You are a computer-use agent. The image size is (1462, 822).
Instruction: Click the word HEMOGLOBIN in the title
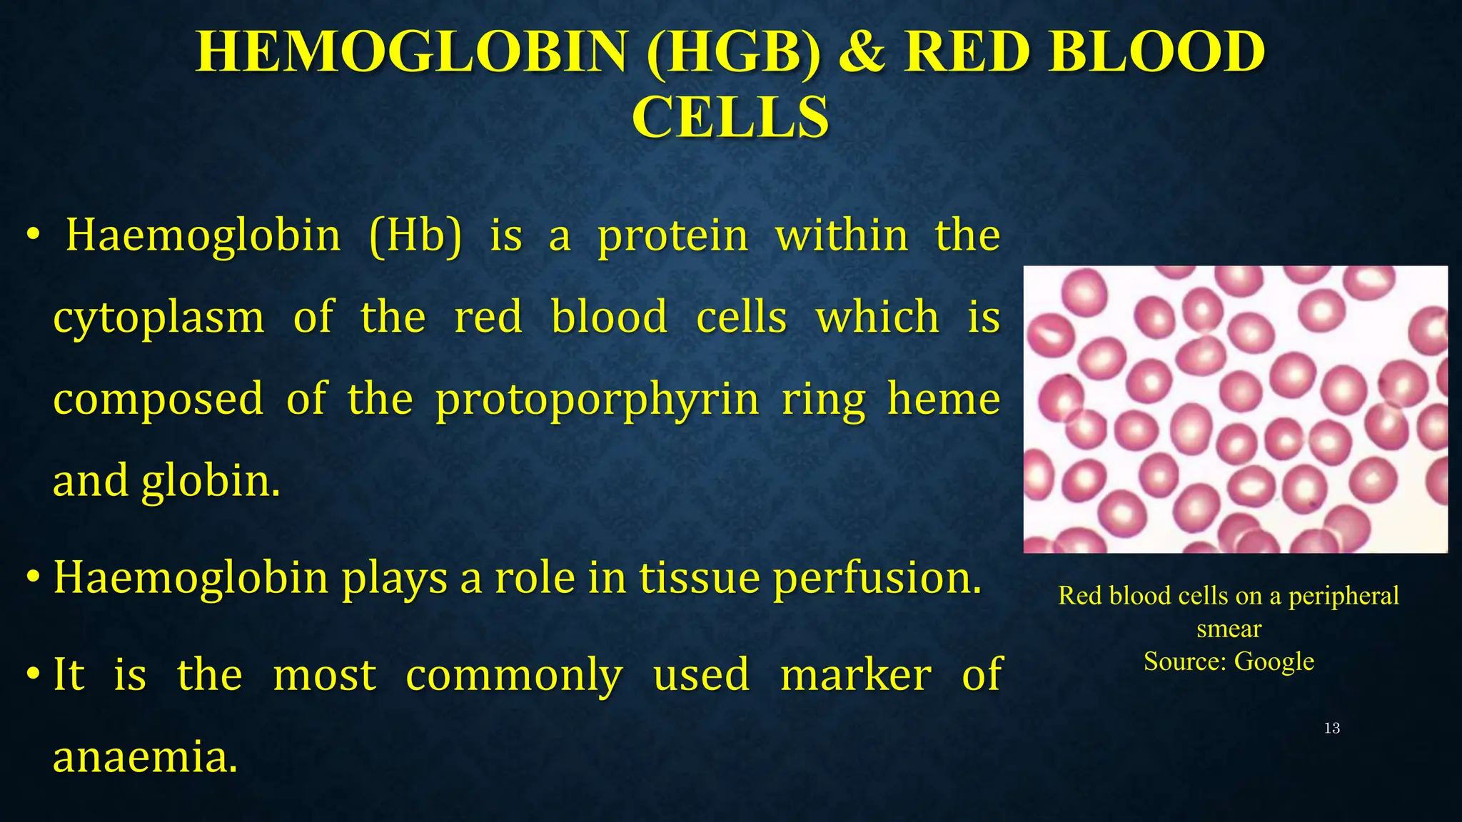(411, 52)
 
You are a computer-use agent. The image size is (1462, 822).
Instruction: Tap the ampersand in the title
(862, 52)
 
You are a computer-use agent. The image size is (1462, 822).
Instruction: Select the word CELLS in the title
(730, 118)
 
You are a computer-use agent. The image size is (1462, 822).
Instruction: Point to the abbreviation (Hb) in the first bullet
(415, 235)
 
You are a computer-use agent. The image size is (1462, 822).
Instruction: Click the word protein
(672, 237)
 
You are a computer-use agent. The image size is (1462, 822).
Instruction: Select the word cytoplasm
(158, 319)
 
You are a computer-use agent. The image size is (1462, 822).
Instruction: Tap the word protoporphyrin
(598, 400)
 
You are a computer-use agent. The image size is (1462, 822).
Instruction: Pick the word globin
(210, 482)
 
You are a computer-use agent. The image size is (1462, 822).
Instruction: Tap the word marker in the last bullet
(855, 674)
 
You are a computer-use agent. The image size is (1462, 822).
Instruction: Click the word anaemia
(145, 757)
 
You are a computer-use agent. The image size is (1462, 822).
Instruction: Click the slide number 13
(1331, 728)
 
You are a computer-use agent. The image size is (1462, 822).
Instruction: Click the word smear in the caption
(1229, 629)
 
